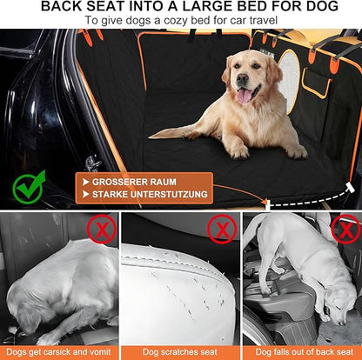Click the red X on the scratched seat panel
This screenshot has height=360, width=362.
[x=222, y=230]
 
